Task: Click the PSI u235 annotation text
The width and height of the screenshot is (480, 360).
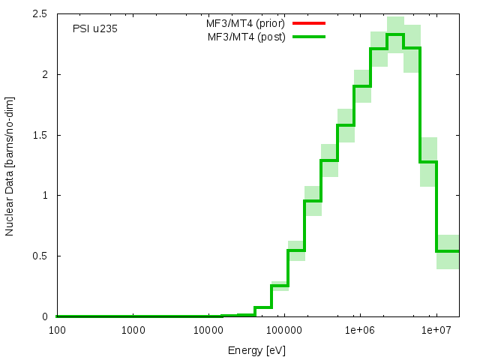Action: (x=94, y=29)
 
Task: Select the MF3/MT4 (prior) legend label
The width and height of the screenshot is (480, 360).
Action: (x=246, y=23)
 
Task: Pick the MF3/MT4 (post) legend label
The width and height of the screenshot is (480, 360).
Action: (x=247, y=37)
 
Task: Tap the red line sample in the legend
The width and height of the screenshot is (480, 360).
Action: (x=310, y=23)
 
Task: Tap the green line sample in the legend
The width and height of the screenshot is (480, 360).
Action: (x=310, y=37)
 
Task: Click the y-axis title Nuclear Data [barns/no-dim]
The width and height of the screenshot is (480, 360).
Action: (x=10, y=166)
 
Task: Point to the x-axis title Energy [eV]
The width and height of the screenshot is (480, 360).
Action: (x=256, y=350)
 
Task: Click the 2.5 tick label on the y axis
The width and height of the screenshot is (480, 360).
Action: (x=42, y=14)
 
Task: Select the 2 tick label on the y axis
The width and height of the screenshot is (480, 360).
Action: (x=46, y=75)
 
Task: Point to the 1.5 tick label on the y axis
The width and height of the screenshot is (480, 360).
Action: (x=42, y=135)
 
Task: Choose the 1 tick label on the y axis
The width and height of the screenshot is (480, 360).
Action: (x=46, y=196)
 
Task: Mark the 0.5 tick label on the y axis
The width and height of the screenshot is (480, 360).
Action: (x=42, y=256)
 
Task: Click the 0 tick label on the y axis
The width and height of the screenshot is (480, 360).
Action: (x=46, y=316)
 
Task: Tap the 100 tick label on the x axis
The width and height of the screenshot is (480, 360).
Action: (x=56, y=330)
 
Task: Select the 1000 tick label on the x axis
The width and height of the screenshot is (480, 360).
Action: (x=133, y=330)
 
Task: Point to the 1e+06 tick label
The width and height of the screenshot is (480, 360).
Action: (x=360, y=330)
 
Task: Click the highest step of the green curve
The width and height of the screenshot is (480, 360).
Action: (x=395, y=34)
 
